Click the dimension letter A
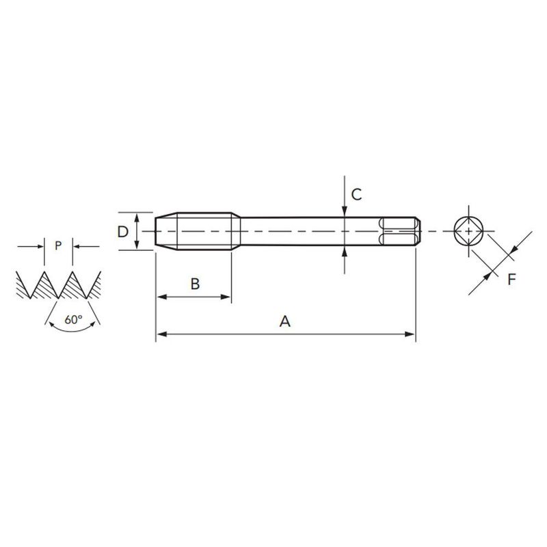[285, 321]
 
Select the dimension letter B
[194, 284]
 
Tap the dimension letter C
[356, 194]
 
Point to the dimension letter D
[122, 231]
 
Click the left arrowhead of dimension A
[161, 334]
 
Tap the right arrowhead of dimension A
[410, 334]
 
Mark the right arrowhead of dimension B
[226, 297]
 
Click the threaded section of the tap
[205, 231]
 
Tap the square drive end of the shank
[399, 231]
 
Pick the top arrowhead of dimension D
[138, 217]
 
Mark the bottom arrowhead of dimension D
[138, 245]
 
